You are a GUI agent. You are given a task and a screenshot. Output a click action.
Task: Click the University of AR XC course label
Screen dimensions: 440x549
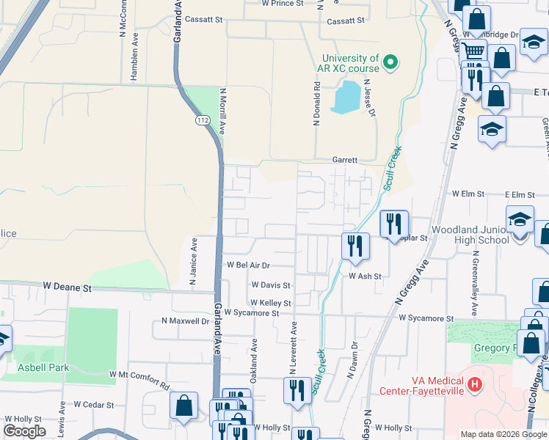(349, 63)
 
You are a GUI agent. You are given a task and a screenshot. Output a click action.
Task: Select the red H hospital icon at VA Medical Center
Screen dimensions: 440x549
(475, 383)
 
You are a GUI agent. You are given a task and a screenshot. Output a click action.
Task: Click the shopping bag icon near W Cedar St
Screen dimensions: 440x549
(183, 405)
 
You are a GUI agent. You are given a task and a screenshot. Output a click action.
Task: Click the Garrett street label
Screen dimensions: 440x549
(344, 159)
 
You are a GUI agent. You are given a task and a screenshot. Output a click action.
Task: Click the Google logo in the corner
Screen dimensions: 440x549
(24, 431)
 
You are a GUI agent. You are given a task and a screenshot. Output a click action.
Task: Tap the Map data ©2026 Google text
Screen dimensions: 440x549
(503, 434)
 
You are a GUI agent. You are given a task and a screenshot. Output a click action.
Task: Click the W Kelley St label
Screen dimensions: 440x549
(270, 303)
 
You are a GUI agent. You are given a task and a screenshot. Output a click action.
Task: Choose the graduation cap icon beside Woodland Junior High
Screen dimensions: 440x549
(520, 219)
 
